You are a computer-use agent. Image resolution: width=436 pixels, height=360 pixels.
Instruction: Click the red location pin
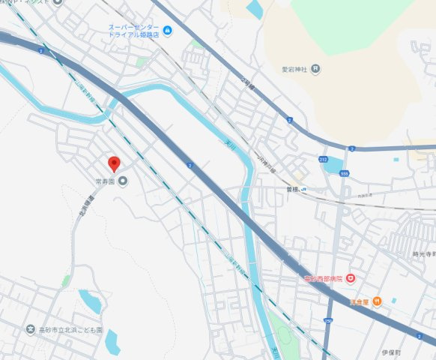tap(113, 163)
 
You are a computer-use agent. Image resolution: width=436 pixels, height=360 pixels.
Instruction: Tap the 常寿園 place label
tap(106, 181)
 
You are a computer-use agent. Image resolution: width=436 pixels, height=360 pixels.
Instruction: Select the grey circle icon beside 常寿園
tap(123, 180)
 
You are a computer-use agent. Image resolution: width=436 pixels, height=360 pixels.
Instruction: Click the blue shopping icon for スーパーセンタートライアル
tap(167, 31)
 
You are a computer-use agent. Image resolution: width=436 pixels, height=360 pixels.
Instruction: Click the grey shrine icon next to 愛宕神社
tap(315, 69)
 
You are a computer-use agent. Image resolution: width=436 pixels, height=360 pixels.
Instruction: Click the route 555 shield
tap(344, 172)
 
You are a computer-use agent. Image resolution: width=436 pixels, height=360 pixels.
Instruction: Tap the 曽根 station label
tap(292, 190)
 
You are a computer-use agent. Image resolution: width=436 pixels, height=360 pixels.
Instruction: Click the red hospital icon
tap(350, 279)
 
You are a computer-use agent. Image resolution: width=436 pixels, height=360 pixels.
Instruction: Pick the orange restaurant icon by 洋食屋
tap(377, 301)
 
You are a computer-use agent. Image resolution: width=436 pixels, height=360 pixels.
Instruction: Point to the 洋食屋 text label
tap(360, 301)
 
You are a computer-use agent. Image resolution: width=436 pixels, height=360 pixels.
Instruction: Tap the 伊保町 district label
tap(392, 352)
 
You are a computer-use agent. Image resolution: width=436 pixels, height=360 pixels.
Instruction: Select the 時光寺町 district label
tap(423, 255)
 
